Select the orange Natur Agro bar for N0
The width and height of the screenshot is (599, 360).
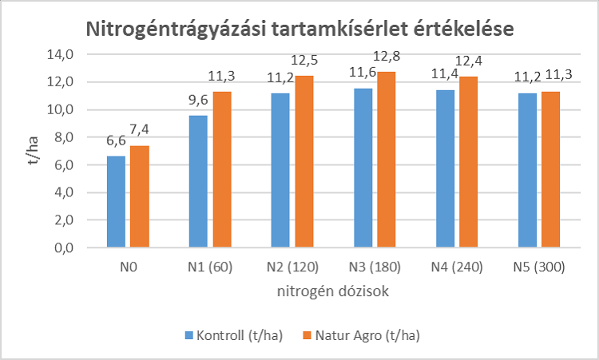139,196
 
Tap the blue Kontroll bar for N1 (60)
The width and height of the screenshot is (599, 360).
198,181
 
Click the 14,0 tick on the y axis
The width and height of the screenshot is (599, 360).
61,54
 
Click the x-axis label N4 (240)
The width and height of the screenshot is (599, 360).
455,268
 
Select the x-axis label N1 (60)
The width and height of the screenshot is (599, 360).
209,268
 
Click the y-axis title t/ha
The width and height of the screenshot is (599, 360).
29,151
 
